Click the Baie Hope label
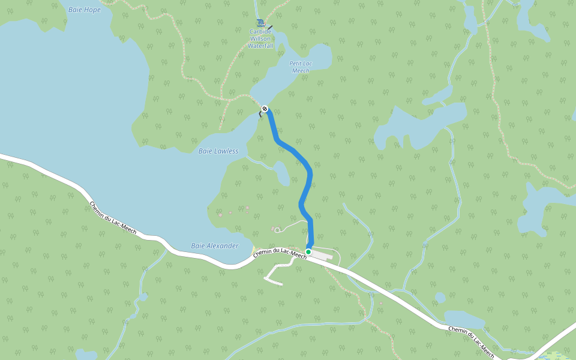(x=85, y=10)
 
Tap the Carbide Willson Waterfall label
(x=260, y=38)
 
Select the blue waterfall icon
(x=260, y=23)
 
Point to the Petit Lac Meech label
(x=301, y=67)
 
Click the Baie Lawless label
(x=218, y=151)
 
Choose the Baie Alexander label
(x=214, y=246)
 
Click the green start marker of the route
(x=308, y=251)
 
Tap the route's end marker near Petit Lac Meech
(x=265, y=109)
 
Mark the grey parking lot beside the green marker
(x=321, y=255)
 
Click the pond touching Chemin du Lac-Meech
(x=463, y=319)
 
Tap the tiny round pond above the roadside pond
(x=440, y=298)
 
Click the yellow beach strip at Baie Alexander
(x=254, y=248)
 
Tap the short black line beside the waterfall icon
(x=270, y=27)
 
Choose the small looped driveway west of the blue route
(x=277, y=230)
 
